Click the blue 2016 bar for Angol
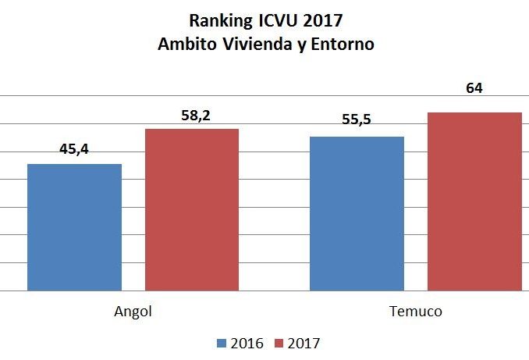(x=74, y=226)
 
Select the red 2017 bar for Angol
(x=191, y=209)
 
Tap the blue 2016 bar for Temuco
(x=357, y=213)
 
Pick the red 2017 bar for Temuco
(x=474, y=201)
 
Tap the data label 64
(x=474, y=88)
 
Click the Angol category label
(x=133, y=311)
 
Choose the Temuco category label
(x=415, y=311)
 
